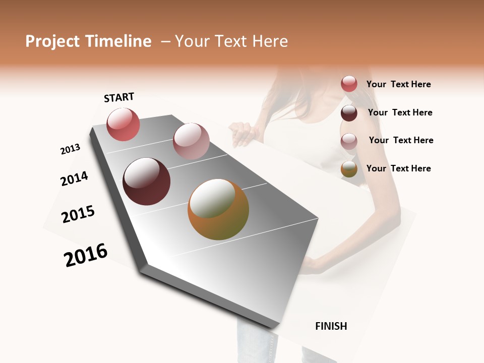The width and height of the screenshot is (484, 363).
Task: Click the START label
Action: point(119,97)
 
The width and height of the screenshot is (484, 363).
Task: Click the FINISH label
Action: point(331,326)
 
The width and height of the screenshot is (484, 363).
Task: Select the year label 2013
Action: point(70,149)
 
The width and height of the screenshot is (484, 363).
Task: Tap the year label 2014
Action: point(74,179)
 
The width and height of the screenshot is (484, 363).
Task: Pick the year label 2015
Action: point(78,214)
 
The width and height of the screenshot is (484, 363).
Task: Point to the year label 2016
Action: point(86,255)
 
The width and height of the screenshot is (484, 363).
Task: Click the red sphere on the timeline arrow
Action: point(123,124)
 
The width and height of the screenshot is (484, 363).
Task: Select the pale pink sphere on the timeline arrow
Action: point(191,141)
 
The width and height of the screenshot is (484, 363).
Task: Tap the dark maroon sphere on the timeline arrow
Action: point(146,181)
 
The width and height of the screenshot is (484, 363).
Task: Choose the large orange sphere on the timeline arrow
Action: point(218,209)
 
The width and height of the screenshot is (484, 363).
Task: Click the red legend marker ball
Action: point(349,84)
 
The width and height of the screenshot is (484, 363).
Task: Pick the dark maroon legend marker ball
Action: point(349,112)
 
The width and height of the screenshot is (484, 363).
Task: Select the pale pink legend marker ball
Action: point(349,141)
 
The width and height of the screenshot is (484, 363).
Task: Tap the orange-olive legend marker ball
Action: point(349,169)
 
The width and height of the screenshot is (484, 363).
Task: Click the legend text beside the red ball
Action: point(398,84)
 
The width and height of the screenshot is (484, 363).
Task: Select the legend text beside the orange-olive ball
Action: point(398,168)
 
